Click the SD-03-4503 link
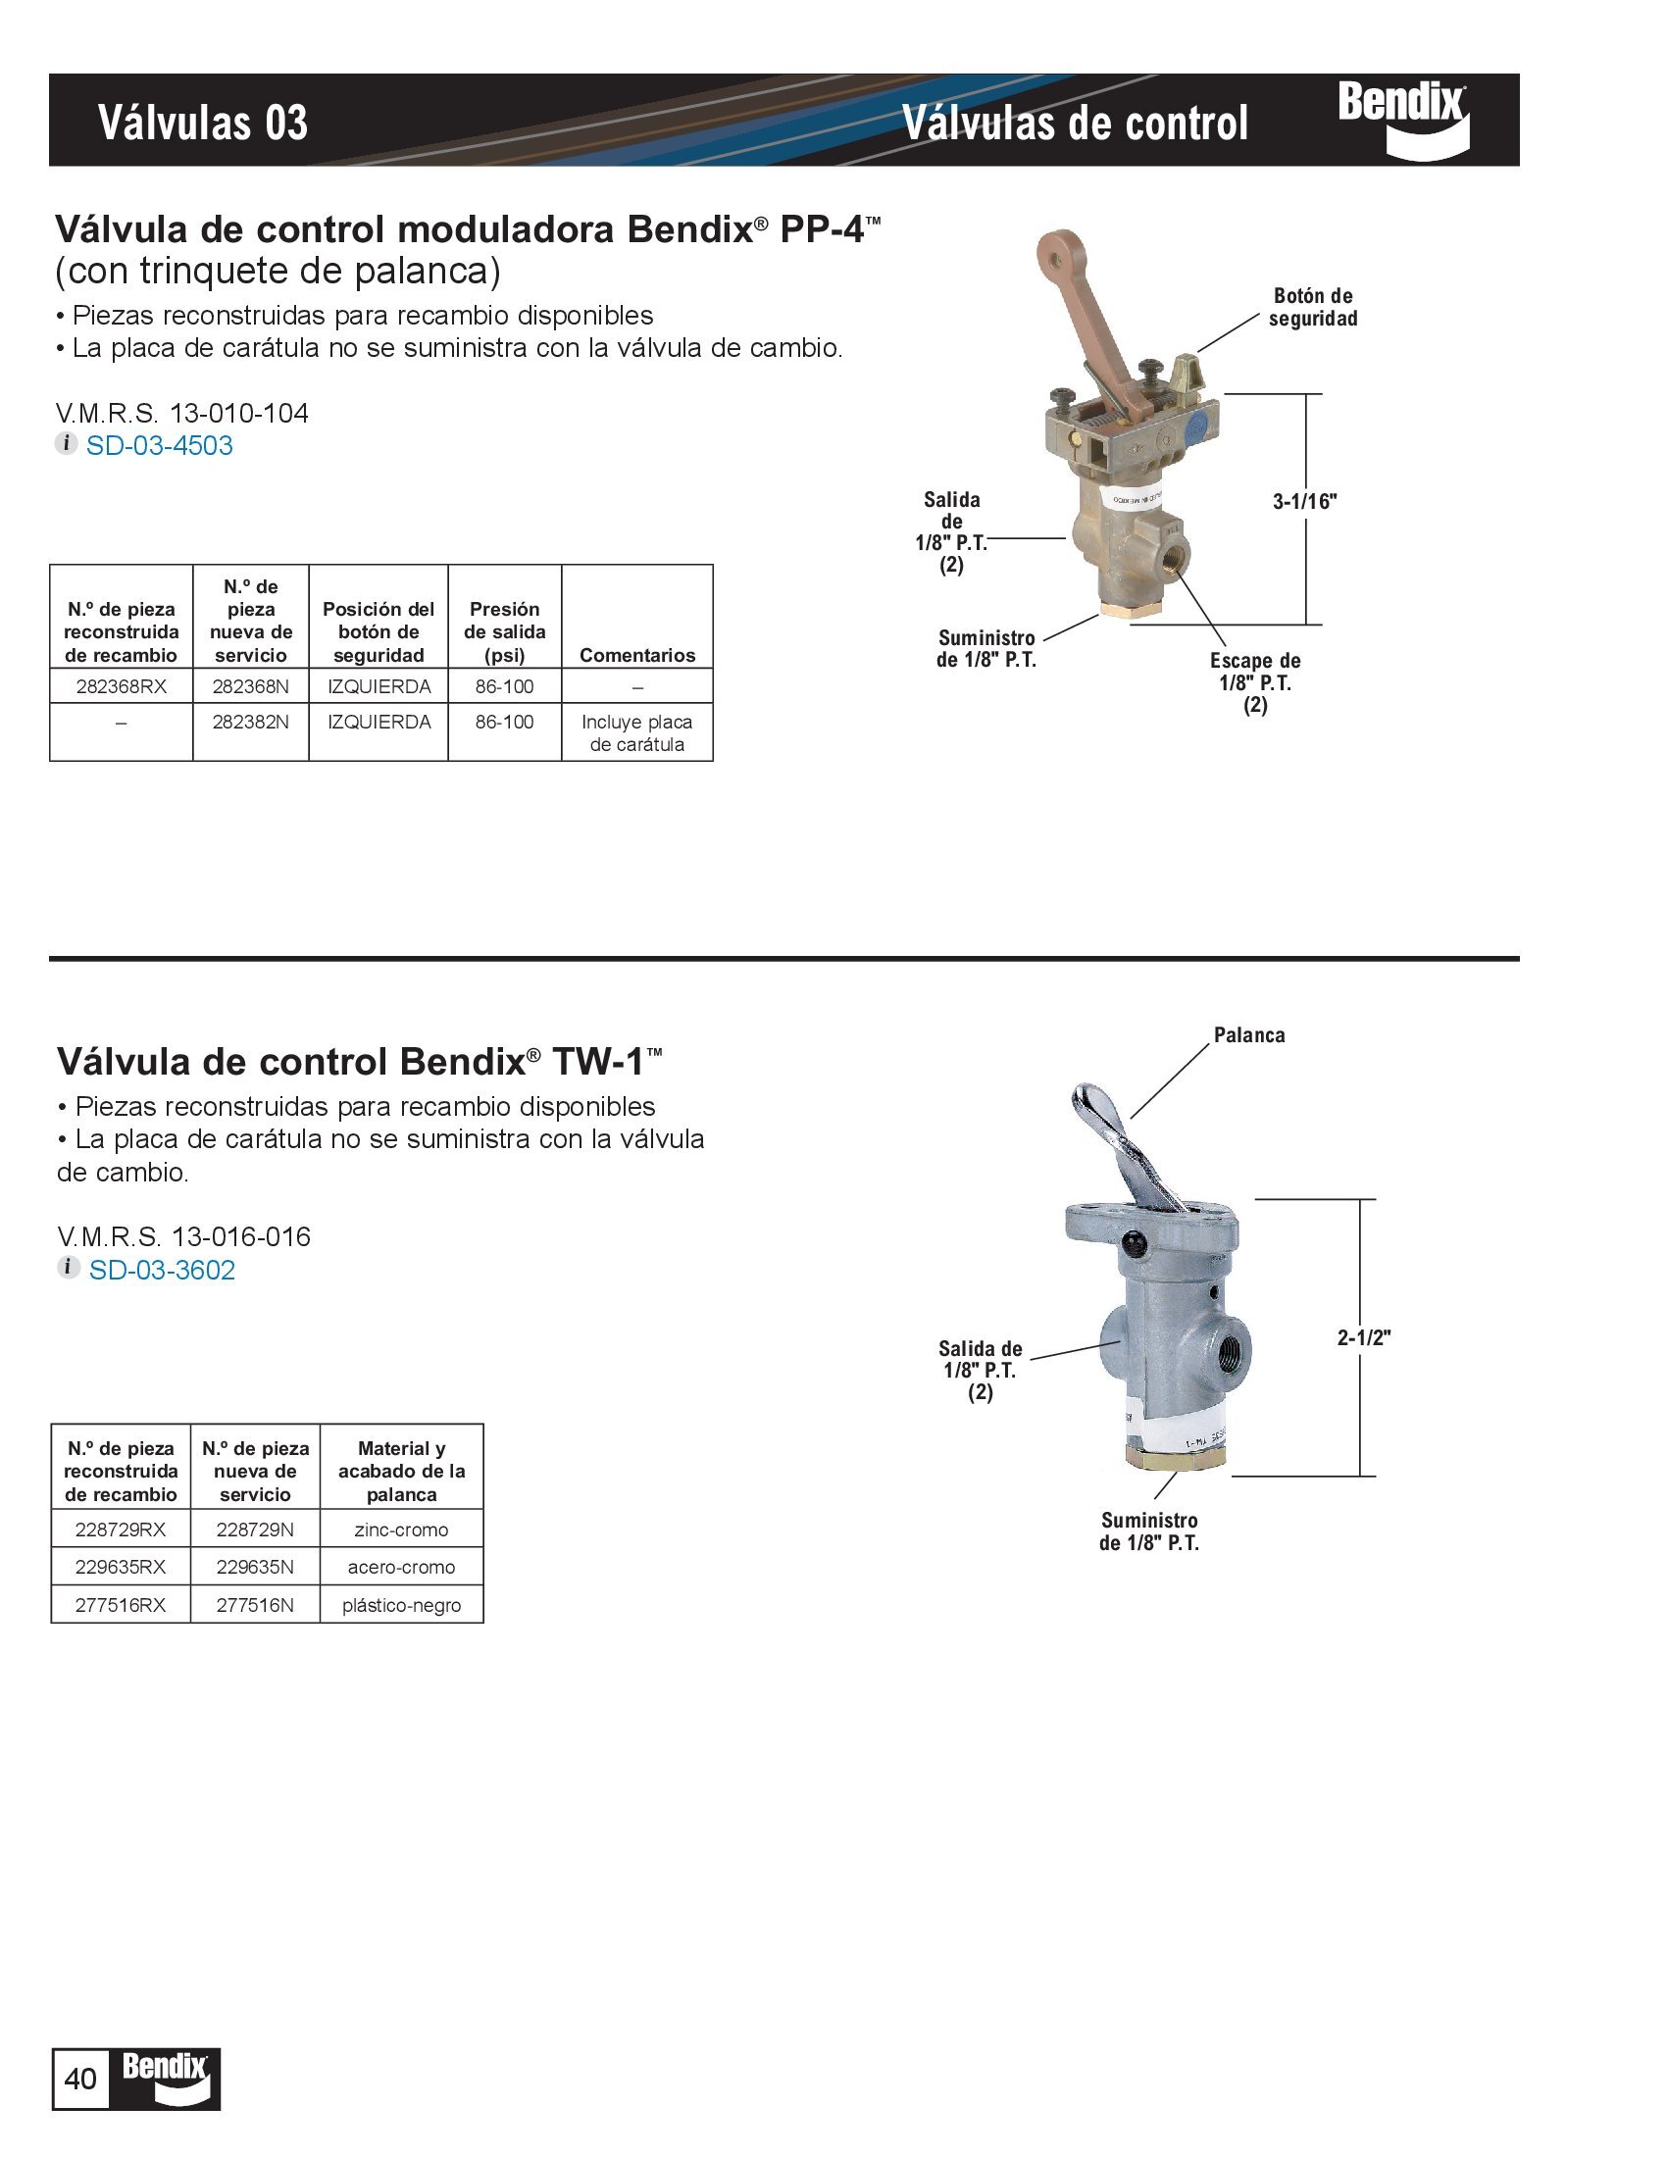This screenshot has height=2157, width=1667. pyautogui.click(x=159, y=445)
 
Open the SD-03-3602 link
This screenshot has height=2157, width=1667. pyautogui.click(x=162, y=1270)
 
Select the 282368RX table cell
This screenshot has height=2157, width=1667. pyautogui.click(x=122, y=686)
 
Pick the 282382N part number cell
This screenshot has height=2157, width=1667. pyautogui.click(x=251, y=722)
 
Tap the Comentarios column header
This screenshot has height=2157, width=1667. pyautogui.click(x=637, y=655)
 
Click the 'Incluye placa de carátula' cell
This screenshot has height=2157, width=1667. pyautogui.click(x=637, y=732)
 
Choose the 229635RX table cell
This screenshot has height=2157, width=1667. pyautogui.click(x=121, y=1568)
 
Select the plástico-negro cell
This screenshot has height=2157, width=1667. pyautogui.click(x=401, y=1605)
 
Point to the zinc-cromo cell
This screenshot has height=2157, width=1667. pyautogui.click(x=401, y=1530)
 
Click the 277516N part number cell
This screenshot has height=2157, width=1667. pyautogui.click(x=255, y=1605)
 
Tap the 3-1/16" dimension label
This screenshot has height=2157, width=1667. pyautogui.click(x=1304, y=501)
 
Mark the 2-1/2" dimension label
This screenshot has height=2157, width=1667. pyautogui.click(x=1364, y=1337)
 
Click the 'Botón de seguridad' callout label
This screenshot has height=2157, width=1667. pyautogui.click(x=1312, y=307)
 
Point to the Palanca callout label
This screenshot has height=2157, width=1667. pyautogui.click(x=1249, y=1035)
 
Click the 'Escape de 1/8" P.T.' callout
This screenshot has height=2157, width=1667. pyautogui.click(x=1255, y=681)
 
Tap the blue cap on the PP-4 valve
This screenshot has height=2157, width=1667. pyautogui.click(x=1193, y=428)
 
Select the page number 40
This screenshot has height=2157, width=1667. pyautogui.click(x=80, y=2079)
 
